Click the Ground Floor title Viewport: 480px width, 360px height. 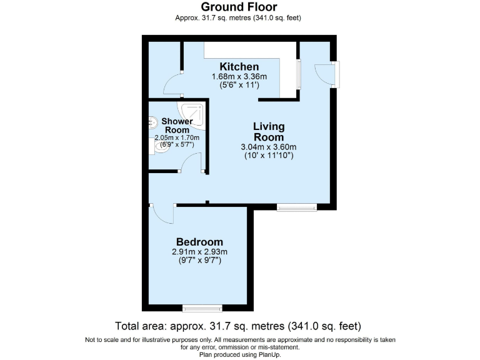pyautogui.click(x=239, y=7)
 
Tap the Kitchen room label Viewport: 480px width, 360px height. pyautogui.click(x=239, y=67)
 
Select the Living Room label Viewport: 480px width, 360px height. pyautogui.click(x=269, y=132)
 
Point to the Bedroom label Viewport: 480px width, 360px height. pyautogui.click(x=199, y=242)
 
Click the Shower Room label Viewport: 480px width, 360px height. pyautogui.click(x=177, y=125)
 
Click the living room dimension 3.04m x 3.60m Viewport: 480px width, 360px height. pyautogui.click(x=269, y=147)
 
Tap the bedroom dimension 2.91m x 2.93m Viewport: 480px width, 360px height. pyautogui.click(x=199, y=252)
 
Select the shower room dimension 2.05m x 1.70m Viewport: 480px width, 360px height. pyautogui.click(x=177, y=137)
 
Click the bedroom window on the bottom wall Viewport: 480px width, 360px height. pyautogui.click(x=202, y=307)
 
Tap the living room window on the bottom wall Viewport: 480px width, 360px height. pyautogui.click(x=297, y=207)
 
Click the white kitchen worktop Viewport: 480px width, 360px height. pyautogui.click(x=250, y=50)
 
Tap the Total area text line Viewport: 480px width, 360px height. pyautogui.click(x=238, y=326)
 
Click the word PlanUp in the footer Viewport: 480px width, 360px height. pyautogui.click(x=269, y=354)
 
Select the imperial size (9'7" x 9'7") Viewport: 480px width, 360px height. pyautogui.click(x=199, y=261)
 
